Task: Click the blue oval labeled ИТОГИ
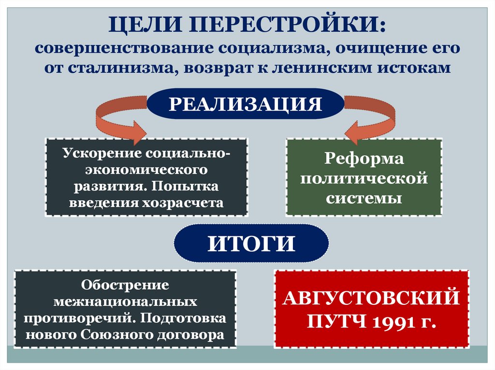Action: click(251, 244)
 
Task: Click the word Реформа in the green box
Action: click(364, 159)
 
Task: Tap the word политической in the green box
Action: click(364, 178)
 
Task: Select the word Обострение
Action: click(125, 285)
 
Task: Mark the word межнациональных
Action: click(125, 302)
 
